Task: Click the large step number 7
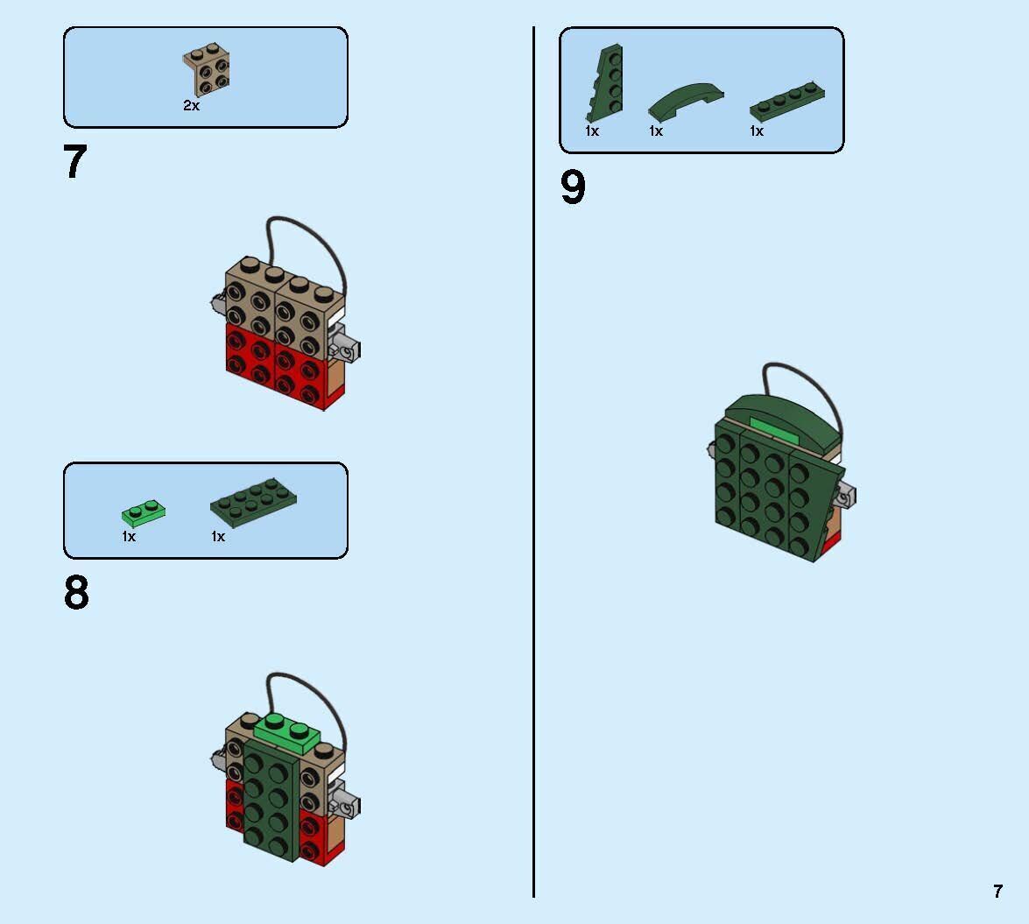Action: [x=74, y=161]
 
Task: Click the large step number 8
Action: [x=76, y=593]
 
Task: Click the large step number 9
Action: [x=573, y=187]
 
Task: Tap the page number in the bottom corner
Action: [x=997, y=891]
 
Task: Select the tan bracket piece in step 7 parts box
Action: [x=206, y=69]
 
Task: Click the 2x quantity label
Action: [x=192, y=106]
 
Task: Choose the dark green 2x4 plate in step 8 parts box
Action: [x=253, y=502]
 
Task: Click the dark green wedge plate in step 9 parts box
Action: [x=604, y=82]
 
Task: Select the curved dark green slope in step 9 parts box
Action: [x=685, y=101]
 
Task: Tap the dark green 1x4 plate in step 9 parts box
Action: [x=786, y=102]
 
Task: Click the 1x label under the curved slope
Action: [x=656, y=131]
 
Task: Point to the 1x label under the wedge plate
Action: [x=592, y=131]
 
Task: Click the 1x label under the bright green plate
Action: [x=129, y=537]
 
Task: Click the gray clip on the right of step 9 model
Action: [x=844, y=496]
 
